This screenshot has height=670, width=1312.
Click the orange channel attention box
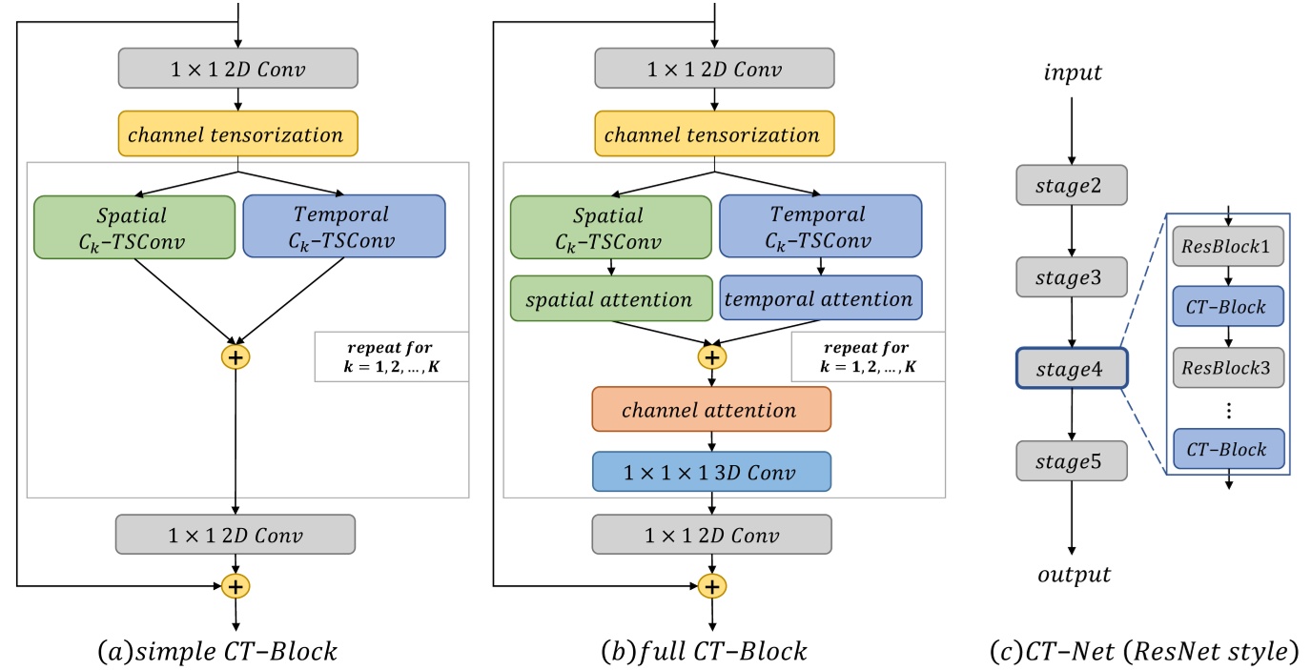(x=711, y=411)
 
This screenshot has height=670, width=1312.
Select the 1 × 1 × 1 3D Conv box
(x=711, y=471)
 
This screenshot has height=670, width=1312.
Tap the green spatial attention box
(x=611, y=299)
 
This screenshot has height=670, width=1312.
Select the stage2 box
(x=1072, y=185)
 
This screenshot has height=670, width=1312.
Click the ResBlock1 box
(x=1228, y=247)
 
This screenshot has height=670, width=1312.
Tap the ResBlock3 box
(x=1228, y=366)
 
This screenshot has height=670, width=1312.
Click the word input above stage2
(x=1073, y=72)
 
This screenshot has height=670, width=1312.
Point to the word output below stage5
(x=1073, y=575)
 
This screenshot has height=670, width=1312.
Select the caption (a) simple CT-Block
(x=217, y=652)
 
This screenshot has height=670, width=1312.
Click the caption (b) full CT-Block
(x=705, y=652)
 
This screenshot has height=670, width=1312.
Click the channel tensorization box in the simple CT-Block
(x=237, y=134)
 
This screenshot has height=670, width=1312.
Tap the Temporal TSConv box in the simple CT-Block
(x=343, y=227)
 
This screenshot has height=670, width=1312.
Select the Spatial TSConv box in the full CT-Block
(x=611, y=227)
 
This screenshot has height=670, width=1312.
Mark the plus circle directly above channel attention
(x=711, y=356)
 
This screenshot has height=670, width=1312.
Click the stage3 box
(x=1072, y=276)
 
